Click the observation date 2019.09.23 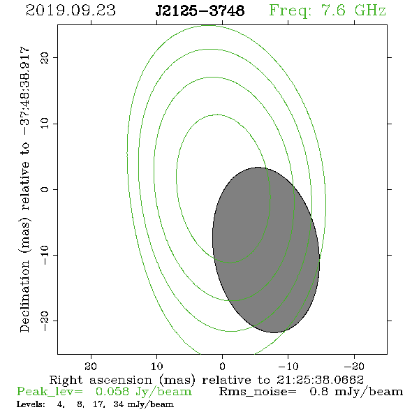click(71, 10)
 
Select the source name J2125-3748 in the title click(200, 10)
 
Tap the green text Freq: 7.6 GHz click(328, 10)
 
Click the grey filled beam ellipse click(266, 250)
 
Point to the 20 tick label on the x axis click(91, 366)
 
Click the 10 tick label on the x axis click(156, 366)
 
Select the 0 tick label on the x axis click(223, 366)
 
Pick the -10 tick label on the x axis click(288, 366)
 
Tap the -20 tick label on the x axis click(354, 366)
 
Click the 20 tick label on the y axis click(45, 57)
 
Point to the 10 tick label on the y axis click(45, 123)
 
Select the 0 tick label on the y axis click(45, 189)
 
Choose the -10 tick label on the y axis click(45, 255)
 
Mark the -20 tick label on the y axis click(45, 321)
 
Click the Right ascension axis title click(207, 380)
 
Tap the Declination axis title click(24, 189)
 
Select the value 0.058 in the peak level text click(112, 392)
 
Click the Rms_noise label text click(258, 392)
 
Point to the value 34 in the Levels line click(118, 404)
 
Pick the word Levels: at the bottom click(31, 404)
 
